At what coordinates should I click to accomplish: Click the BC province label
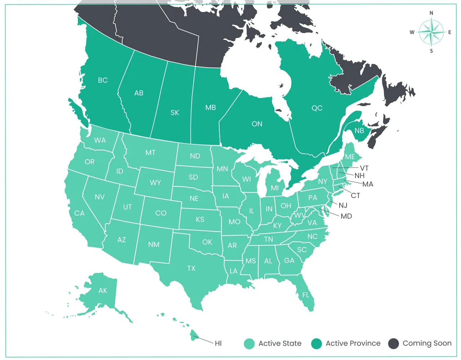(x=103, y=80)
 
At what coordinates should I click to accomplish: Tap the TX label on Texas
(x=191, y=269)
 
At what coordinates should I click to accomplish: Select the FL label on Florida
(x=306, y=295)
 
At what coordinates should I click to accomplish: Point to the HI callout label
(x=218, y=343)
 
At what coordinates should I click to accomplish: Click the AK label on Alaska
(x=103, y=291)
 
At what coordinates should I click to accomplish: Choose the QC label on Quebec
(x=317, y=108)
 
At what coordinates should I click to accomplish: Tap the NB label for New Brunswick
(x=359, y=131)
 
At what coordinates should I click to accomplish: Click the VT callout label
(x=364, y=168)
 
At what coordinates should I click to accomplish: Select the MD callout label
(x=346, y=216)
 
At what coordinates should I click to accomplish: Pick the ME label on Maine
(x=350, y=157)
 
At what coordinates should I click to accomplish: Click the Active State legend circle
(x=249, y=344)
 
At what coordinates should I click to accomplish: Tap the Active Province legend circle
(x=317, y=344)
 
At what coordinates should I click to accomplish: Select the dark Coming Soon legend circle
(x=394, y=344)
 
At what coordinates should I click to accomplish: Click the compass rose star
(x=431, y=32)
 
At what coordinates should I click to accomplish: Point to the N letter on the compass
(x=431, y=13)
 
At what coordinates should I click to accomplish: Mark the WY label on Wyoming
(x=155, y=183)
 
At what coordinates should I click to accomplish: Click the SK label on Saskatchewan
(x=175, y=113)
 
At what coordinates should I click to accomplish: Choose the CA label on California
(x=79, y=213)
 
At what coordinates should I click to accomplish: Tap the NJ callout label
(x=343, y=206)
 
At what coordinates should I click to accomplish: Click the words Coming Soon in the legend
(x=427, y=343)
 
